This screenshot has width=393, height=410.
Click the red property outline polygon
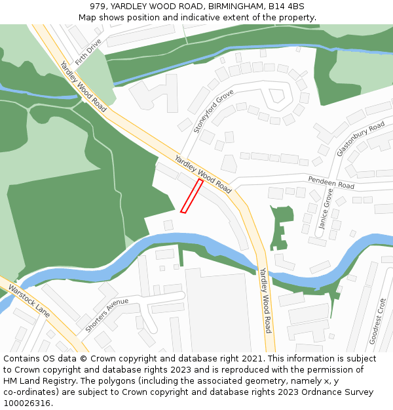click(x=191, y=196)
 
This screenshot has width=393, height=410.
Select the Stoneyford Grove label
click(x=214, y=112)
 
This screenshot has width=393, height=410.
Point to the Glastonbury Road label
click(x=360, y=138)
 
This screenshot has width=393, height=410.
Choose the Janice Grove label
click(x=326, y=209)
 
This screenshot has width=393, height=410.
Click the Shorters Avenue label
click(x=107, y=314)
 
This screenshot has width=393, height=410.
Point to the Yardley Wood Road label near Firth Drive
click(x=83, y=86)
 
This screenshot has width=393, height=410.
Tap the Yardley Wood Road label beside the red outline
click(x=203, y=174)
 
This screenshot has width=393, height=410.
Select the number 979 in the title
click(x=99, y=7)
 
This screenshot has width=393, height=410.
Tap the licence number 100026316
click(x=28, y=403)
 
